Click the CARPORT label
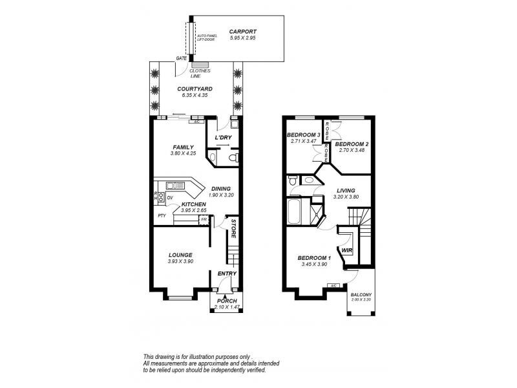pos(243,31)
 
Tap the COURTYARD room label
pos(195,89)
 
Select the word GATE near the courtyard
pos(182,58)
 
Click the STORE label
pos(234,231)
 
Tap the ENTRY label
pos(227,274)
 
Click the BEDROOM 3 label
pos(303,135)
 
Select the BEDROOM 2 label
pos(352,144)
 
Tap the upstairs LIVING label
pos(346,190)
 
